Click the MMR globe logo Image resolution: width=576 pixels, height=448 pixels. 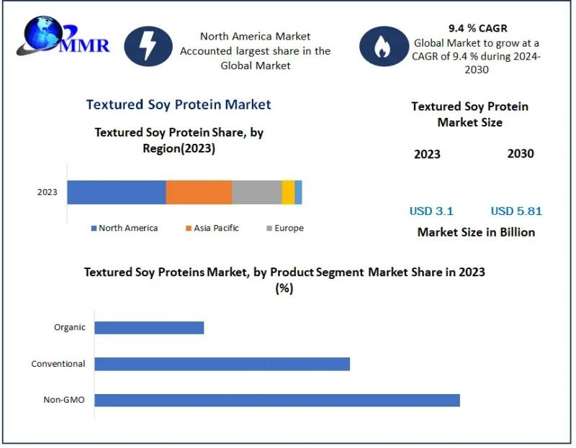tap(63, 36)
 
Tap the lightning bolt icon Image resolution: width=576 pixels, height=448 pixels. tap(148, 46)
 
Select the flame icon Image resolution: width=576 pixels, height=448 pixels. tap(384, 46)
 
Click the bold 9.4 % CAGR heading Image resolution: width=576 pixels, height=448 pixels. tap(477, 28)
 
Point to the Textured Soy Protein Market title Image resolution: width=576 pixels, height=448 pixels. tap(179, 104)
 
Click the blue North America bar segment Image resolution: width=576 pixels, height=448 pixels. tap(117, 192)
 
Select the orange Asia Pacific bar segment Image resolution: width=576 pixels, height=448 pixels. tap(199, 192)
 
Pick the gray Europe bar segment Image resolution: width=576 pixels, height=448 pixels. tap(257, 192)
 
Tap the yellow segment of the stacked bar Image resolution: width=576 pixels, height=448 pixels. tap(289, 192)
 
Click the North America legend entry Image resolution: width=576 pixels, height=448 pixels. tap(125, 228)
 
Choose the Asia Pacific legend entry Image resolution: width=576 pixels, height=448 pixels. tap(212, 228)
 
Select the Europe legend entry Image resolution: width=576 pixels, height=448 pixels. tap(285, 228)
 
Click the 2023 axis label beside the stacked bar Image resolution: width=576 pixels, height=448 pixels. tap(48, 192)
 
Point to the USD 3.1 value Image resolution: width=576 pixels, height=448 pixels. tap(431, 211)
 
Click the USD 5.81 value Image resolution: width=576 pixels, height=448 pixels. tap(516, 211)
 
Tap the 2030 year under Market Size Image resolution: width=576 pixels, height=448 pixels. tap(521, 154)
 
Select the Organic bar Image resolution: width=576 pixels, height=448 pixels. tap(149, 328)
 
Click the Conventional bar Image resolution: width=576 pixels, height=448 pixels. tap(222, 364)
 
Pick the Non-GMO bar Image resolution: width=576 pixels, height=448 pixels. tap(277, 401)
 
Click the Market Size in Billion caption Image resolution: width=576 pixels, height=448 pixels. tap(476, 232)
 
